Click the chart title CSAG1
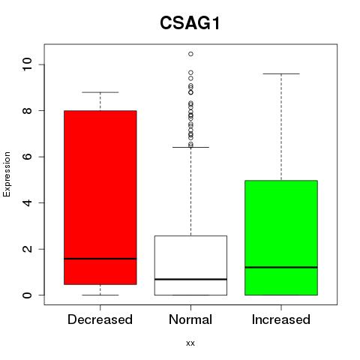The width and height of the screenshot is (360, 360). (x=190, y=23)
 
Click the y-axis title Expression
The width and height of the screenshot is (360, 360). (x=7, y=174)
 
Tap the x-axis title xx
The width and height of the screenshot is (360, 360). (x=190, y=343)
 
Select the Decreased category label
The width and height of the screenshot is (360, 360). (x=100, y=319)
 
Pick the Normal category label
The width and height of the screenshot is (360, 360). (x=190, y=319)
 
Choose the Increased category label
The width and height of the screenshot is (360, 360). (x=281, y=319)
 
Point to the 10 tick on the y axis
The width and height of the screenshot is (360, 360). (x=27, y=64)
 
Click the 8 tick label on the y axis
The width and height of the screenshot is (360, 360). (x=27, y=110)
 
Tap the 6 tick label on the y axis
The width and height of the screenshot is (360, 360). (x=27, y=157)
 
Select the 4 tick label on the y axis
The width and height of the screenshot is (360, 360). (x=27, y=202)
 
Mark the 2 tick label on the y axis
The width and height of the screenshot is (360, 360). (x=27, y=249)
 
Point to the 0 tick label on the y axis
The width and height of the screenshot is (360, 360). (x=27, y=295)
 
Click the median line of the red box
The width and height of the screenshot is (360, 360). (x=100, y=259)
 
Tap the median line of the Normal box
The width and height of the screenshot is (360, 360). (x=190, y=279)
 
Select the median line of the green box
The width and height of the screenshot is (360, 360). (x=281, y=267)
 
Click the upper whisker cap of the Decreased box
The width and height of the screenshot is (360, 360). (x=100, y=92)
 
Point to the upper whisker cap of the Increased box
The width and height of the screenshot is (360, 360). (x=281, y=73)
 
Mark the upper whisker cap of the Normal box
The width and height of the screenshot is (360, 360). (x=190, y=147)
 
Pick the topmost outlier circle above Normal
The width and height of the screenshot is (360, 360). (x=190, y=54)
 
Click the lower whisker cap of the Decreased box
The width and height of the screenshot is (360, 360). (x=100, y=295)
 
